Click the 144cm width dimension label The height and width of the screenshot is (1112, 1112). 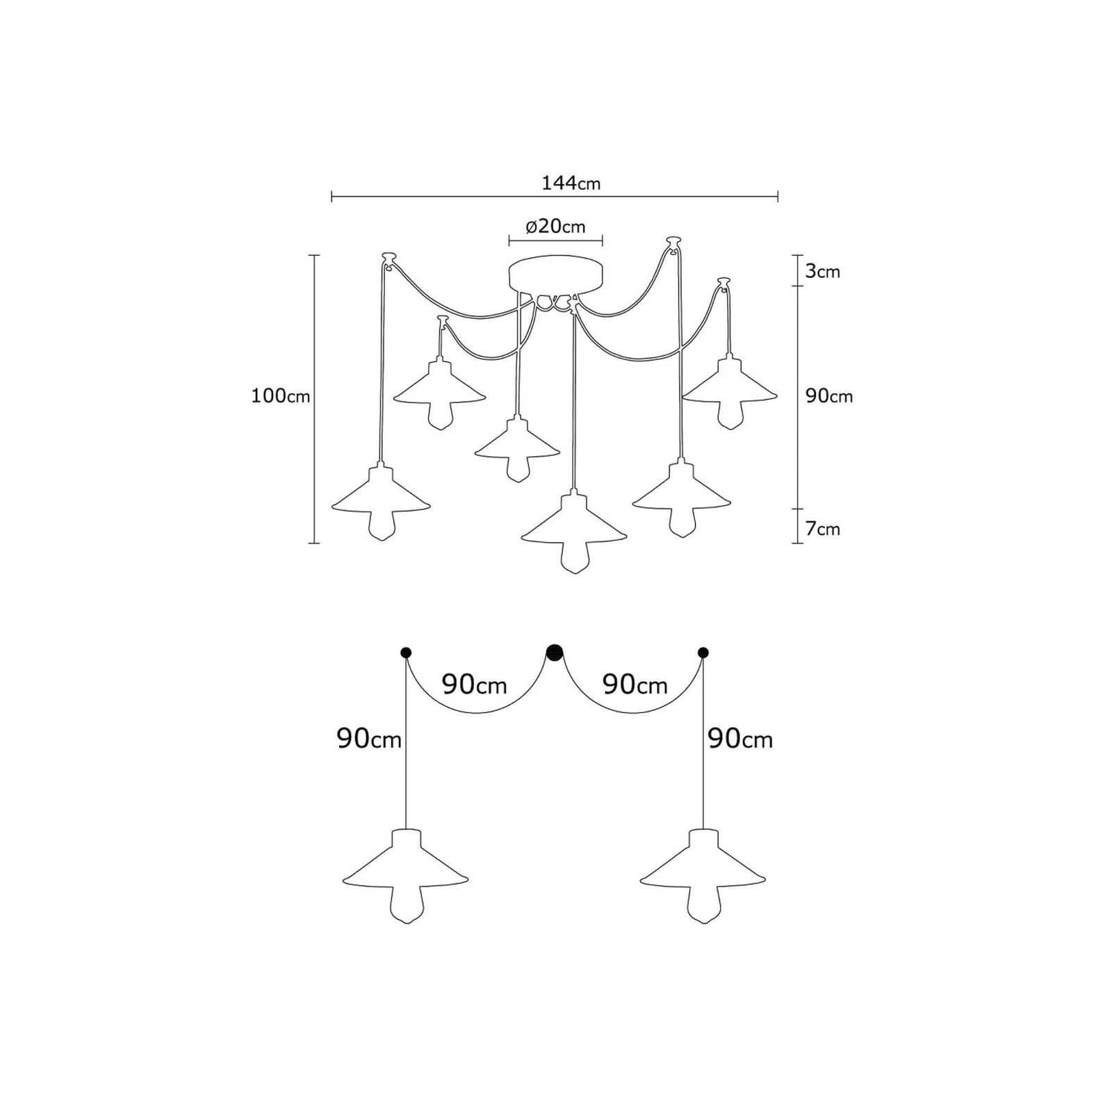point(571,183)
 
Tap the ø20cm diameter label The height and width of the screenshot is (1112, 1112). point(555,227)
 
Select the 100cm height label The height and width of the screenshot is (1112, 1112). point(280,396)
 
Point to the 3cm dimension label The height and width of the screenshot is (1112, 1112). point(823,271)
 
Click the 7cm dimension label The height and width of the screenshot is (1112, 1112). point(823,529)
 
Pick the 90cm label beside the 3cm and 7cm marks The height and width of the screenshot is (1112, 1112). point(828,396)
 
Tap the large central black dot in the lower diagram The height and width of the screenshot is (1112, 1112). point(554,652)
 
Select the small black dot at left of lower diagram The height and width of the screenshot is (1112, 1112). point(406,652)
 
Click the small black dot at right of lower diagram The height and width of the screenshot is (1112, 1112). point(703,652)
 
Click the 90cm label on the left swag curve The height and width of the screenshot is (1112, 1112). point(475,685)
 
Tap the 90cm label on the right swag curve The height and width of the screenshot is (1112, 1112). point(635,685)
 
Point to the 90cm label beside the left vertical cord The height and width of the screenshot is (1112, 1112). point(369,739)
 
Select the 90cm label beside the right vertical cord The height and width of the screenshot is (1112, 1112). point(739,739)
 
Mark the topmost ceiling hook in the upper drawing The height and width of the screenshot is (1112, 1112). point(671,243)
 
